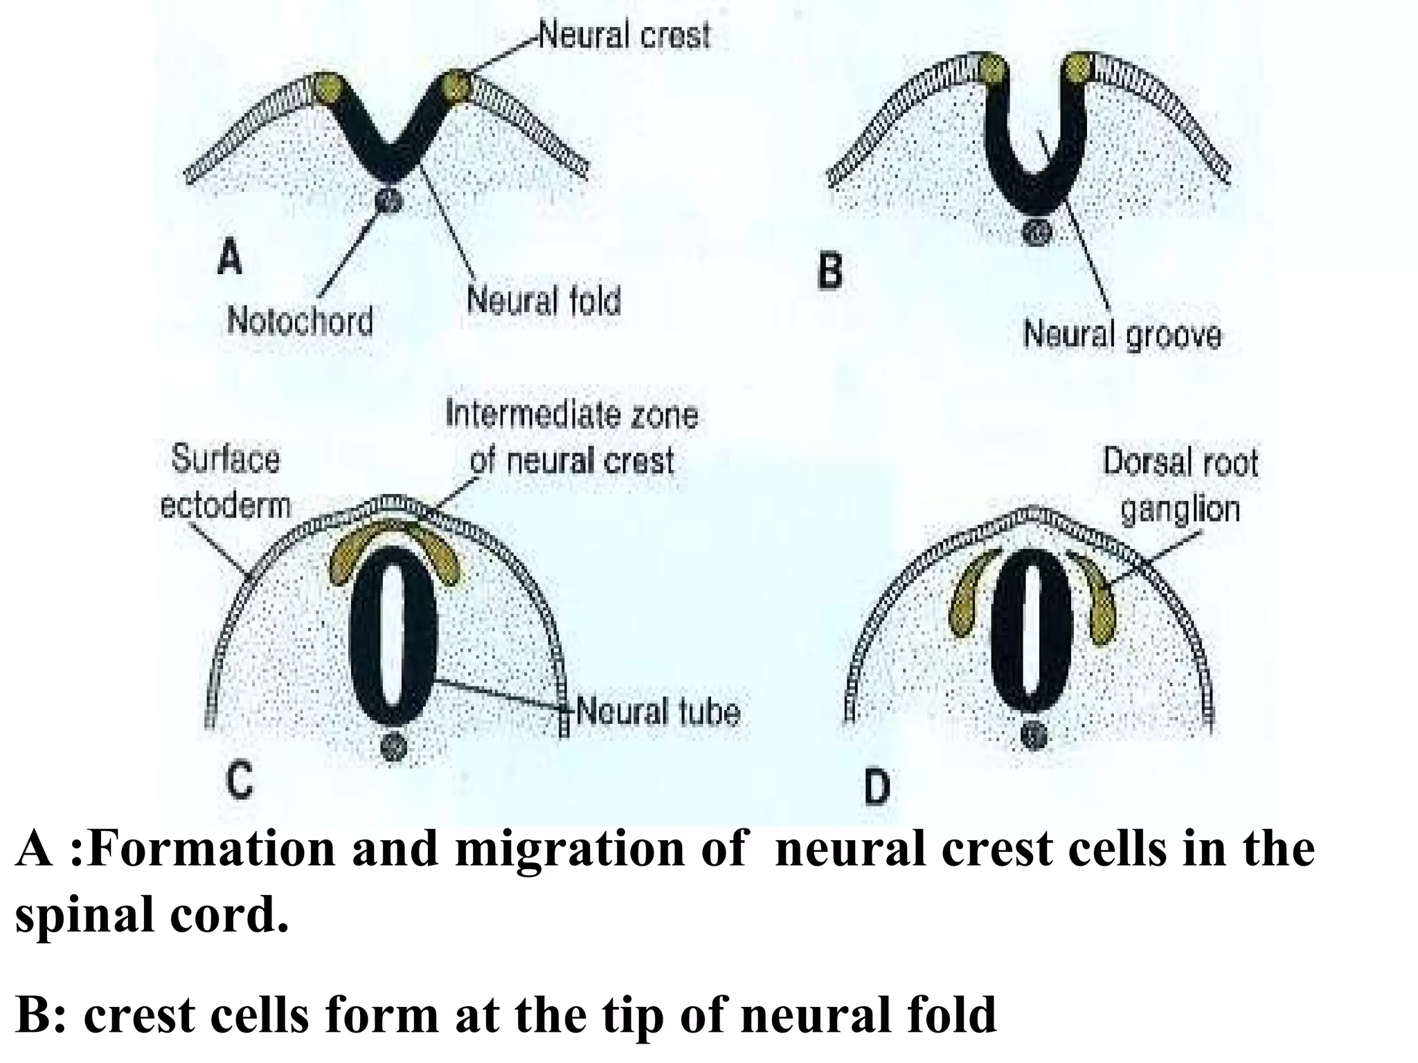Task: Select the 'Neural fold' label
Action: (544, 301)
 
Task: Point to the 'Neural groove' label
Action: (1122, 336)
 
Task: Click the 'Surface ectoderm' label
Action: (225, 482)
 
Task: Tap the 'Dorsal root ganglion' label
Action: (1180, 485)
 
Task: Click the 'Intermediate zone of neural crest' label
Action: (571, 437)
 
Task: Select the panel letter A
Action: (230, 257)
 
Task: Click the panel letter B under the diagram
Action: (829, 271)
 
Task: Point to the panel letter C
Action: (239, 782)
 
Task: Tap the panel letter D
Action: (877, 788)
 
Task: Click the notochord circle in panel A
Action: (388, 201)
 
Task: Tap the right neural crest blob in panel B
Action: (1078, 69)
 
